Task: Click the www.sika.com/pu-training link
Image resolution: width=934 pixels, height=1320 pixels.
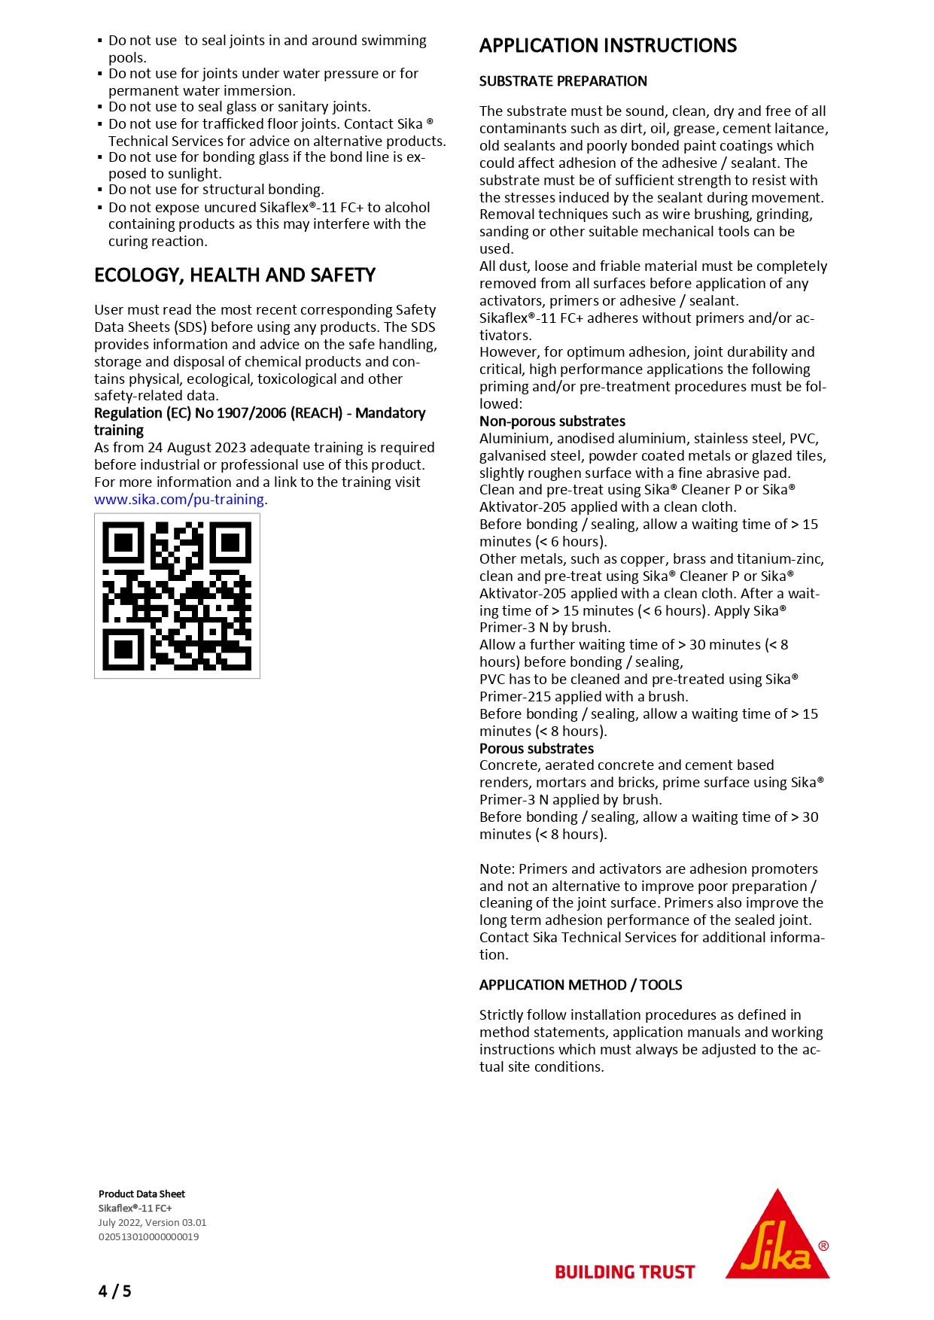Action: click(x=179, y=500)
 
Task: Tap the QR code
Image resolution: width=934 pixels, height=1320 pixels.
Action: click(x=177, y=596)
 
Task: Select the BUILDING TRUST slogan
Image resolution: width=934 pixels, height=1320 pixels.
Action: click(x=625, y=1272)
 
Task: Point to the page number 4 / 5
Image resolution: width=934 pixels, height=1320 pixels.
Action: click(x=114, y=1291)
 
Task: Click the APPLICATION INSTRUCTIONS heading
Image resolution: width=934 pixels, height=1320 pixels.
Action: click(x=608, y=46)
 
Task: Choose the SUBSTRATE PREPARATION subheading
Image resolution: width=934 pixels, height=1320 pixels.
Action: click(x=563, y=81)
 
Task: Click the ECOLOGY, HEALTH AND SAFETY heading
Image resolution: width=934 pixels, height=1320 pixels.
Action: click(x=235, y=275)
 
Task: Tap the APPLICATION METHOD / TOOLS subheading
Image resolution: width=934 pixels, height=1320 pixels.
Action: click(x=580, y=985)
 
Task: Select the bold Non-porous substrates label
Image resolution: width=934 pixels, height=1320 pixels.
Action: click(x=552, y=421)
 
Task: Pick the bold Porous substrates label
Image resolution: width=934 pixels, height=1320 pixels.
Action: click(x=537, y=749)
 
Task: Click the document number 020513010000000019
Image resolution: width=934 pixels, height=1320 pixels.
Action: click(x=148, y=1236)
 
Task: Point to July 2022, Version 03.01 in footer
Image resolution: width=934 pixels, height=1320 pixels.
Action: click(x=152, y=1223)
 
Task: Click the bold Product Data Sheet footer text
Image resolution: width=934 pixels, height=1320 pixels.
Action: click(x=141, y=1194)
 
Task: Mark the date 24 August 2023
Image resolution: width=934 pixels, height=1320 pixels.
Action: click(x=196, y=448)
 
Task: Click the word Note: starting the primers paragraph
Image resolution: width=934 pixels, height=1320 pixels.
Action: click(x=497, y=869)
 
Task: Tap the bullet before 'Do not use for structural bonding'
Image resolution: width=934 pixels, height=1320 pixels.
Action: click(x=100, y=190)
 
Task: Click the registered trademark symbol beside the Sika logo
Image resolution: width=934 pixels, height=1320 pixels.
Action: click(x=823, y=1245)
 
